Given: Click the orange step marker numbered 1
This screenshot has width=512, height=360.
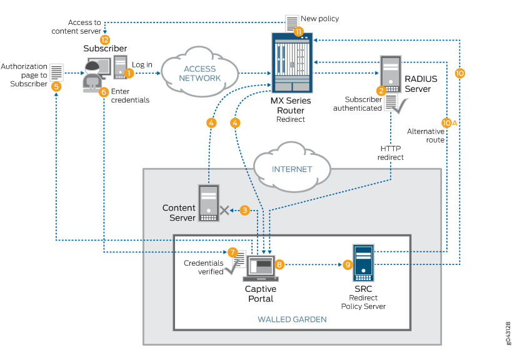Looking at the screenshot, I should click(129, 73).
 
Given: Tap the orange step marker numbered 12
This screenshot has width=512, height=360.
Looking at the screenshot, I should click(104, 39).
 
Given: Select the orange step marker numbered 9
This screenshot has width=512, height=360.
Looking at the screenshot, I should click(348, 264).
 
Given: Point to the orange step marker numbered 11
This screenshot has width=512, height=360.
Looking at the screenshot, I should click(298, 31).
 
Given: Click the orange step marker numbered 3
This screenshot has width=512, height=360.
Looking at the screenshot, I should click(245, 211).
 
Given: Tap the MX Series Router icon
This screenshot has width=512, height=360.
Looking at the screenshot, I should click(291, 62).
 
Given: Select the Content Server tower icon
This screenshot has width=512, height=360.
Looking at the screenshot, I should click(208, 202).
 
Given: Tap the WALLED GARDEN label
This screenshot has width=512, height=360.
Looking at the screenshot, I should click(292, 319).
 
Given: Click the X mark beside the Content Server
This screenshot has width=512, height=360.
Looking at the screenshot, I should click(224, 211).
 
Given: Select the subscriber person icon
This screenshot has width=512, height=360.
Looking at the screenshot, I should click(95, 76).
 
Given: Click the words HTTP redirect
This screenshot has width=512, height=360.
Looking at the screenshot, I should click(391, 152).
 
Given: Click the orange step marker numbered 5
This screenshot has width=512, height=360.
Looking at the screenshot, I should click(56, 87).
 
